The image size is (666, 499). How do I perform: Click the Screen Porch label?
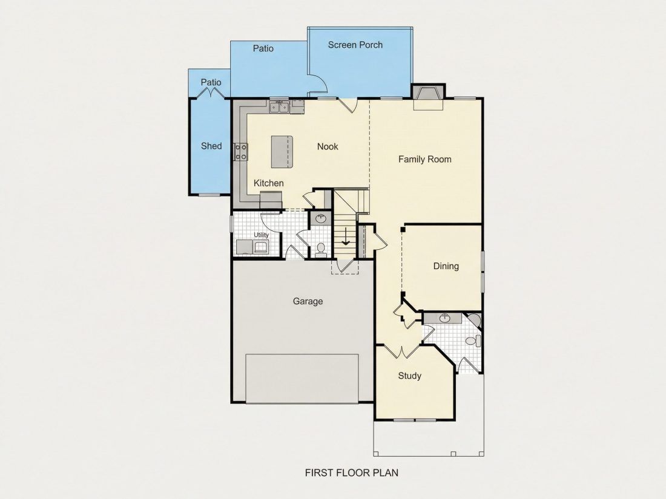[x=355, y=45]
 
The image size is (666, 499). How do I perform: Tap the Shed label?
[x=211, y=146]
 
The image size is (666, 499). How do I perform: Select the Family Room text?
[x=425, y=160]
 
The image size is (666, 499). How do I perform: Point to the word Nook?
[x=328, y=146]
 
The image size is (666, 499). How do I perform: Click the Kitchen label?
[x=268, y=183]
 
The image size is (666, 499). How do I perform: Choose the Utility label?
[x=261, y=235]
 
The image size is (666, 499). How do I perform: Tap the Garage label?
[x=308, y=301]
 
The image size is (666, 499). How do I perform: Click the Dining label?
[x=446, y=266]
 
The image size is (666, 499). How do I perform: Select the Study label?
[x=409, y=376]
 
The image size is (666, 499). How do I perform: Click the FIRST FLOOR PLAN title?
[x=352, y=473]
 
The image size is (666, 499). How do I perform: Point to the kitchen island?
[x=282, y=152]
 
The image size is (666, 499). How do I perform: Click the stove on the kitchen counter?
[x=241, y=152]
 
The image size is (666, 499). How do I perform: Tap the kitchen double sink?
[x=280, y=107]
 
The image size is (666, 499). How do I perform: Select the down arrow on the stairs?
[x=346, y=236]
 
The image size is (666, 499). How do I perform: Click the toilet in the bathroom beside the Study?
[x=473, y=341]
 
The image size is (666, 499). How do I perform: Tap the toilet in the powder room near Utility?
[x=321, y=249]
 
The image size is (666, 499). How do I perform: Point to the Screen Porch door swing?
[x=318, y=83]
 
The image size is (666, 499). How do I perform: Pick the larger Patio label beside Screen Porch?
[x=263, y=48]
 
